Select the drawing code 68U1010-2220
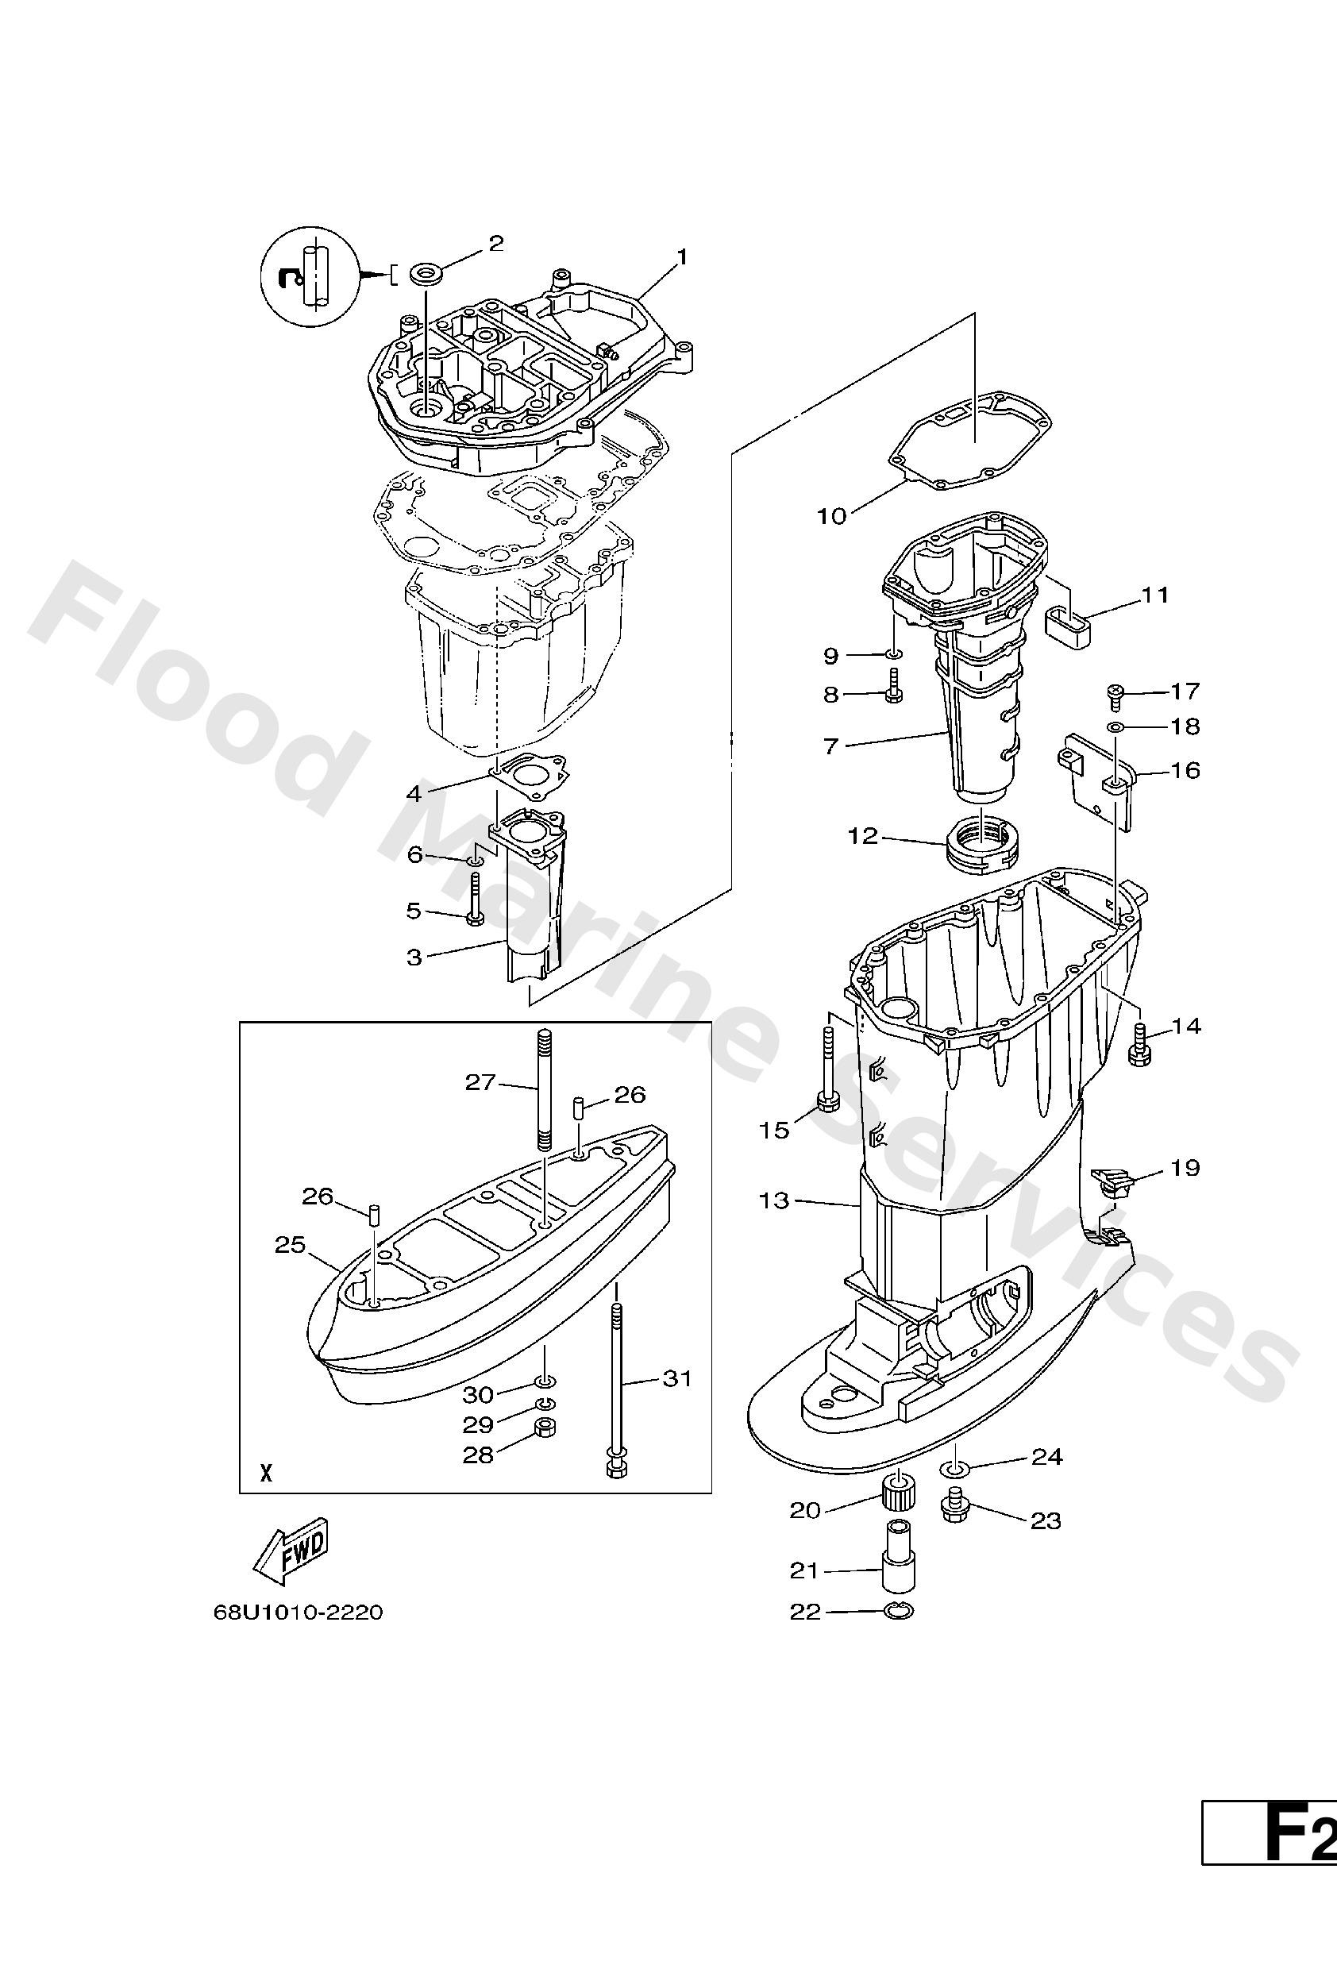(x=299, y=1613)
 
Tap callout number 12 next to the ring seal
(x=863, y=836)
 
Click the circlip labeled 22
(x=898, y=1612)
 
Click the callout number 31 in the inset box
(x=677, y=1378)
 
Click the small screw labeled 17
(x=1115, y=696)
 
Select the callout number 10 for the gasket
(x=831, y=516)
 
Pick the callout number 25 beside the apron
(x=289, y=1246)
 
